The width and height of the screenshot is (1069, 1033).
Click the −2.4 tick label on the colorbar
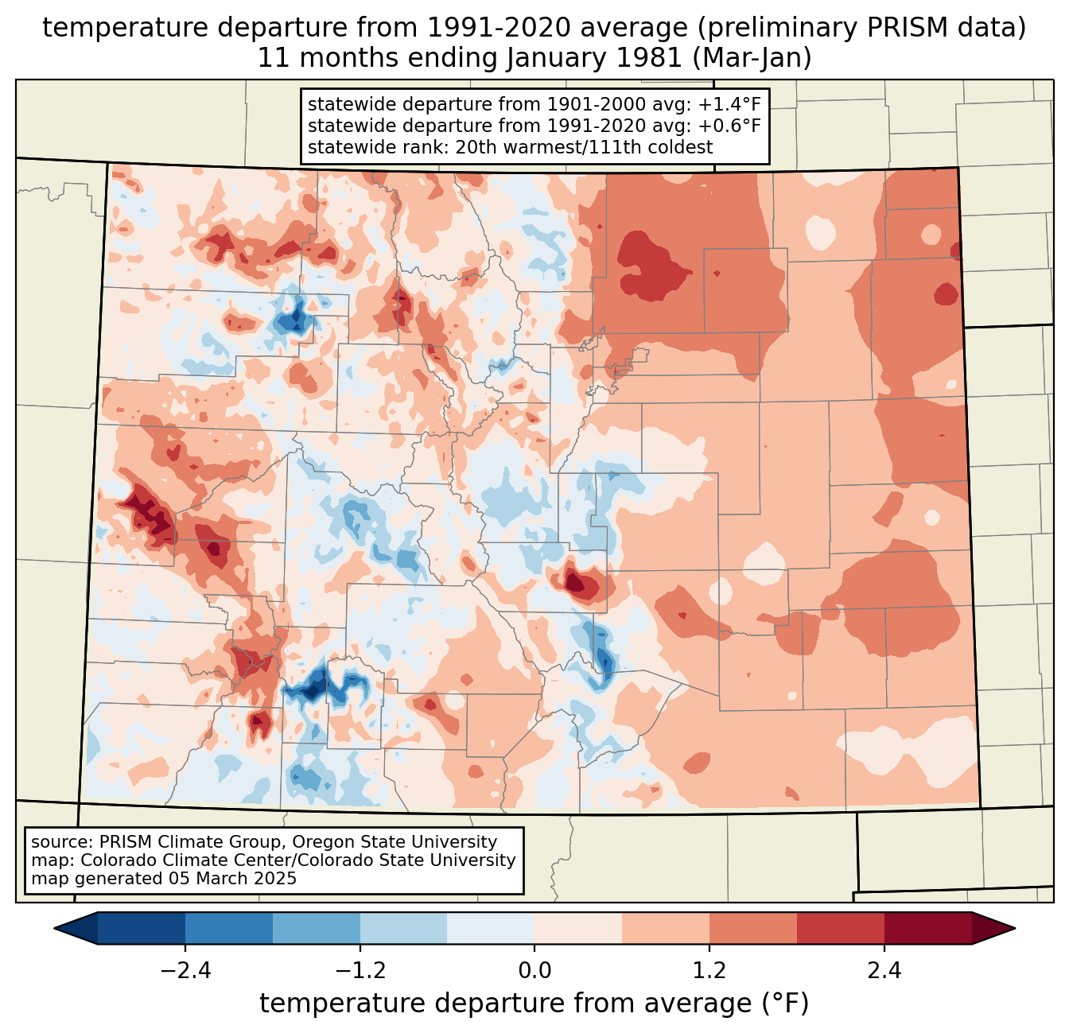185,971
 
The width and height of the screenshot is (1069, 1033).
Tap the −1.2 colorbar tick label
360,971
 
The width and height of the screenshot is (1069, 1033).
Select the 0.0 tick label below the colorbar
534,971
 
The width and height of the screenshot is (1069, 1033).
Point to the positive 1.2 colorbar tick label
709,971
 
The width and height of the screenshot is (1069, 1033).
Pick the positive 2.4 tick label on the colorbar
884,971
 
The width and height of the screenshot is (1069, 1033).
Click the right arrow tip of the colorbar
1013,928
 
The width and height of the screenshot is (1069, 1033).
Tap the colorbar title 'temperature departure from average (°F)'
534,1004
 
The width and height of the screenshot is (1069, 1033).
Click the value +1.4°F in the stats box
729,105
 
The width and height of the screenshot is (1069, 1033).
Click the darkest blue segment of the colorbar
142,928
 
